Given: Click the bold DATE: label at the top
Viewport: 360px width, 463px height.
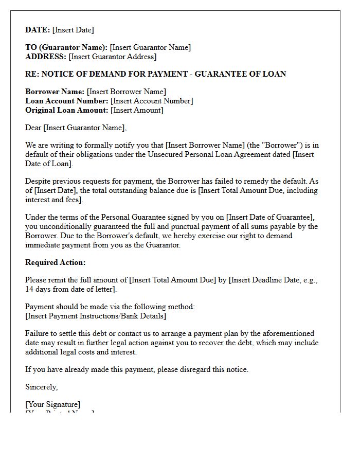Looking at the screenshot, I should (x=38, y=30).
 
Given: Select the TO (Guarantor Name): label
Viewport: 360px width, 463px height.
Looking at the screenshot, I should (x=66, y=47).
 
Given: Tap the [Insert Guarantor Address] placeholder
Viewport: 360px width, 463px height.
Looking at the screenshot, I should (x=112, y=57).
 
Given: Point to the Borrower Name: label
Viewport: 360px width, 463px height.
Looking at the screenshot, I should (x=55, y=92).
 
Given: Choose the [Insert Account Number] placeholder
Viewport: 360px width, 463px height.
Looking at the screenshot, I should (x=152, y=101).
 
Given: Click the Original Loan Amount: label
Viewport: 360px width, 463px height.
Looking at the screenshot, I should (x=67, y=110).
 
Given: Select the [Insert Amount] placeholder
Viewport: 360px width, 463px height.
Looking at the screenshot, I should (x=137, y=110).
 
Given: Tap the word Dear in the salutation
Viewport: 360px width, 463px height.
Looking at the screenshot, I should (x=33, y=128).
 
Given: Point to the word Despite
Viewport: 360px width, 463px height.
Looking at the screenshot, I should (x=39, y=181).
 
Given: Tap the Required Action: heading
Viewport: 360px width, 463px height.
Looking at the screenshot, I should (x=56, y=262).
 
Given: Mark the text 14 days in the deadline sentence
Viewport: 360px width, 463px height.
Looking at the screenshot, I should (x=39, y=289).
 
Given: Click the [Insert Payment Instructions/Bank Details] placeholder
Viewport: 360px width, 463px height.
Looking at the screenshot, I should (x=96, y=316).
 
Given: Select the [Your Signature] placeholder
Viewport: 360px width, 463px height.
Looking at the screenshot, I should (x=53, y=404).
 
